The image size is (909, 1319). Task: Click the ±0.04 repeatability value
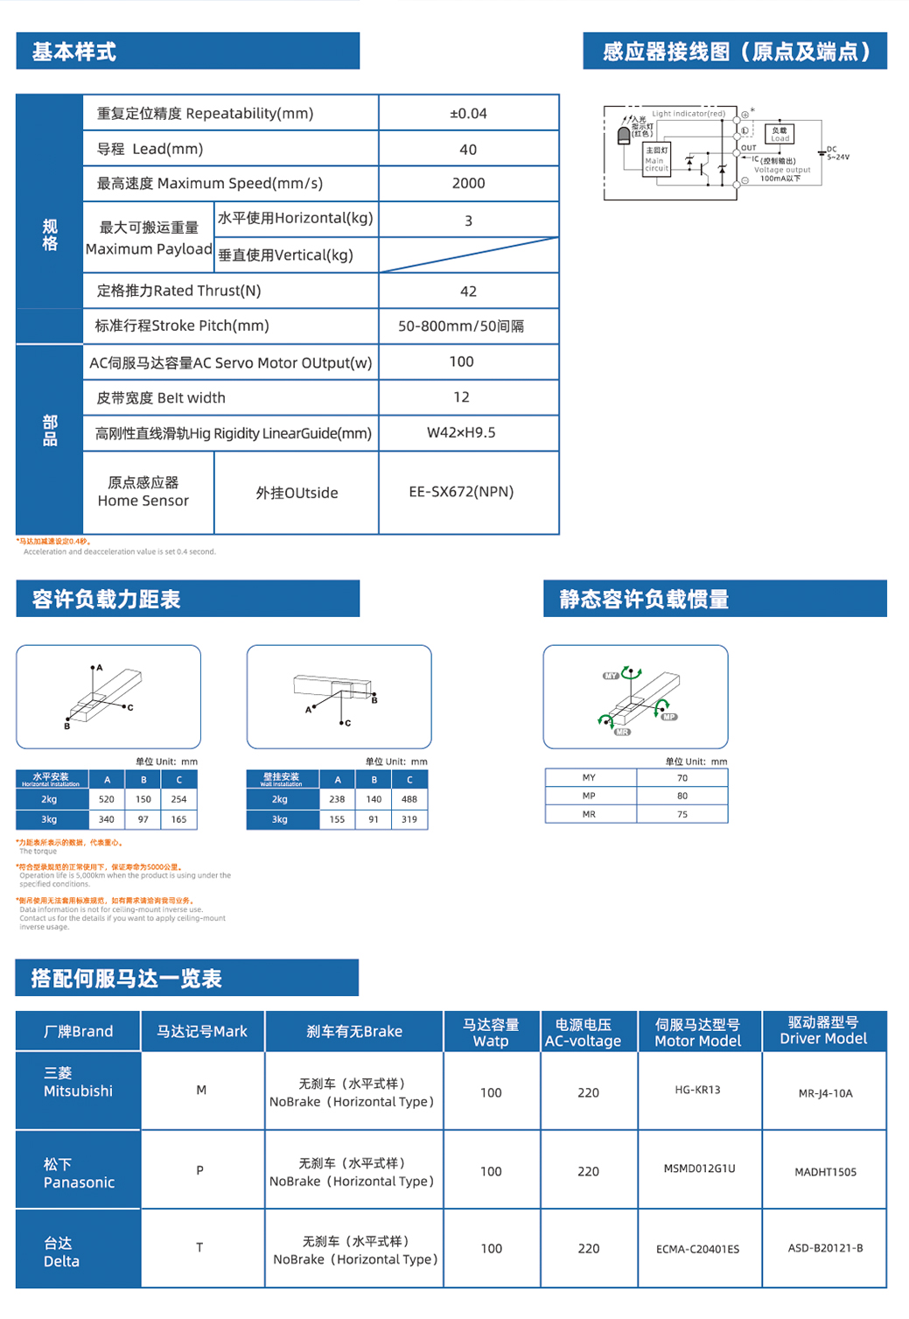click(x=468, y=114)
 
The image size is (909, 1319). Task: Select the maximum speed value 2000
click(x=468, y=184)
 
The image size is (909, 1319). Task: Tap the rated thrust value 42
click(x=468, y=291)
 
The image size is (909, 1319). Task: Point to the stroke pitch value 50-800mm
click(x=461, y=326)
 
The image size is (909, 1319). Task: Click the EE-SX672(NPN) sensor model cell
click(x=461, y=492)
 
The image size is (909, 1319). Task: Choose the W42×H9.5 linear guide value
click(x=461, y=432)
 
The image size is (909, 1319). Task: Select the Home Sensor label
click(x=143, y=492)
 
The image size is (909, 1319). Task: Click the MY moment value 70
click(x=682, y=778)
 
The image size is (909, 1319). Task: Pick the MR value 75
click(x=682, y=814)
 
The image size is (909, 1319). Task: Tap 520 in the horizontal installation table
click(x=107, y=799)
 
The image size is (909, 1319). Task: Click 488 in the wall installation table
click(x=409, y=799)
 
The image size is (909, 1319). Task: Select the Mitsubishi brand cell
click(x=78, y=1083)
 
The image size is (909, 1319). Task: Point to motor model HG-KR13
click(x=697, y=1090)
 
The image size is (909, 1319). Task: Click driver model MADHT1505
click(x=825, y=1172)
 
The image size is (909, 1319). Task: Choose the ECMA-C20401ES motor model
click(x=697, y=1249)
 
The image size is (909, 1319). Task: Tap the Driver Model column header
click(x=823, y=1031)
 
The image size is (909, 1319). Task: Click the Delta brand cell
click(x=61, y=1252)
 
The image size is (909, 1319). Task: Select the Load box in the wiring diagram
click(x=780, y=134)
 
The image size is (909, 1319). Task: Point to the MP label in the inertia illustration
click(x=669, y=717)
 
